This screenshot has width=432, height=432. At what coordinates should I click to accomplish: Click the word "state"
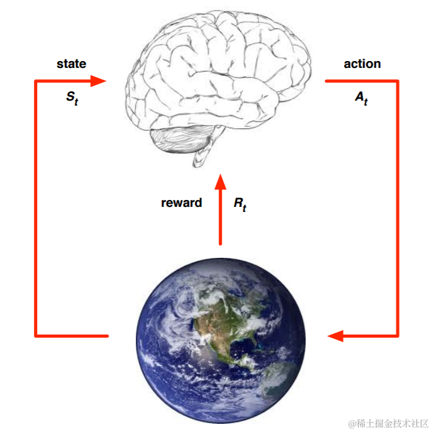click(71, 64)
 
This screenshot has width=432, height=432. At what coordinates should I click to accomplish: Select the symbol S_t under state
click(72, 99)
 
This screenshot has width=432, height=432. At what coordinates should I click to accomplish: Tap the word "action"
click(362, 64)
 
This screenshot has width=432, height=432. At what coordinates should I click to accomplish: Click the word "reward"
click(182, 202)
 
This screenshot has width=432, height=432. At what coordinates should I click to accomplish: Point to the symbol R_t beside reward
click(240, 204)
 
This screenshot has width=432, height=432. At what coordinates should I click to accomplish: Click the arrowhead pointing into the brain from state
click(99, 80)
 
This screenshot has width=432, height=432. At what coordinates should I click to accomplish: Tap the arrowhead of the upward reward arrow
click(220, 182)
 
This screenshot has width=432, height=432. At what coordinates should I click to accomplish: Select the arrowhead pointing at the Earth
click(335, 336)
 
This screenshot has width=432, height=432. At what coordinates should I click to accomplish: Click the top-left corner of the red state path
click(36, 81)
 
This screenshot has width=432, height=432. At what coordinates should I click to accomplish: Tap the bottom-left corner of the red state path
click(36, 335)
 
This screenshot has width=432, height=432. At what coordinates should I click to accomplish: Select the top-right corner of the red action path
click(397, 81)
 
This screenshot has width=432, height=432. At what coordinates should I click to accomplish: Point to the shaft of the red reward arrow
click(220, 217)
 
